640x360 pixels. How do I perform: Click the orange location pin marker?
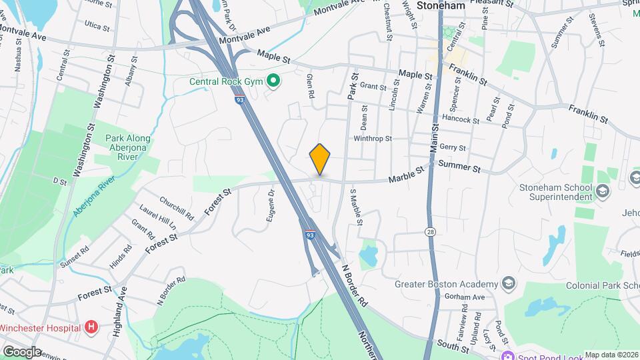pos(320,159)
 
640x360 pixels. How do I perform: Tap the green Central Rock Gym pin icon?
pos(273,82)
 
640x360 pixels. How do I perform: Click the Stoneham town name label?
pos(440,5)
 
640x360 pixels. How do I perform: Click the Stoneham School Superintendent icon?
pos(603,193)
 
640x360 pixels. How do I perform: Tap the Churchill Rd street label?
pos(177,208)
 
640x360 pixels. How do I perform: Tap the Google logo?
pos(22,351)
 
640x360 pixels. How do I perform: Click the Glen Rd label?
pos(309,87)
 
